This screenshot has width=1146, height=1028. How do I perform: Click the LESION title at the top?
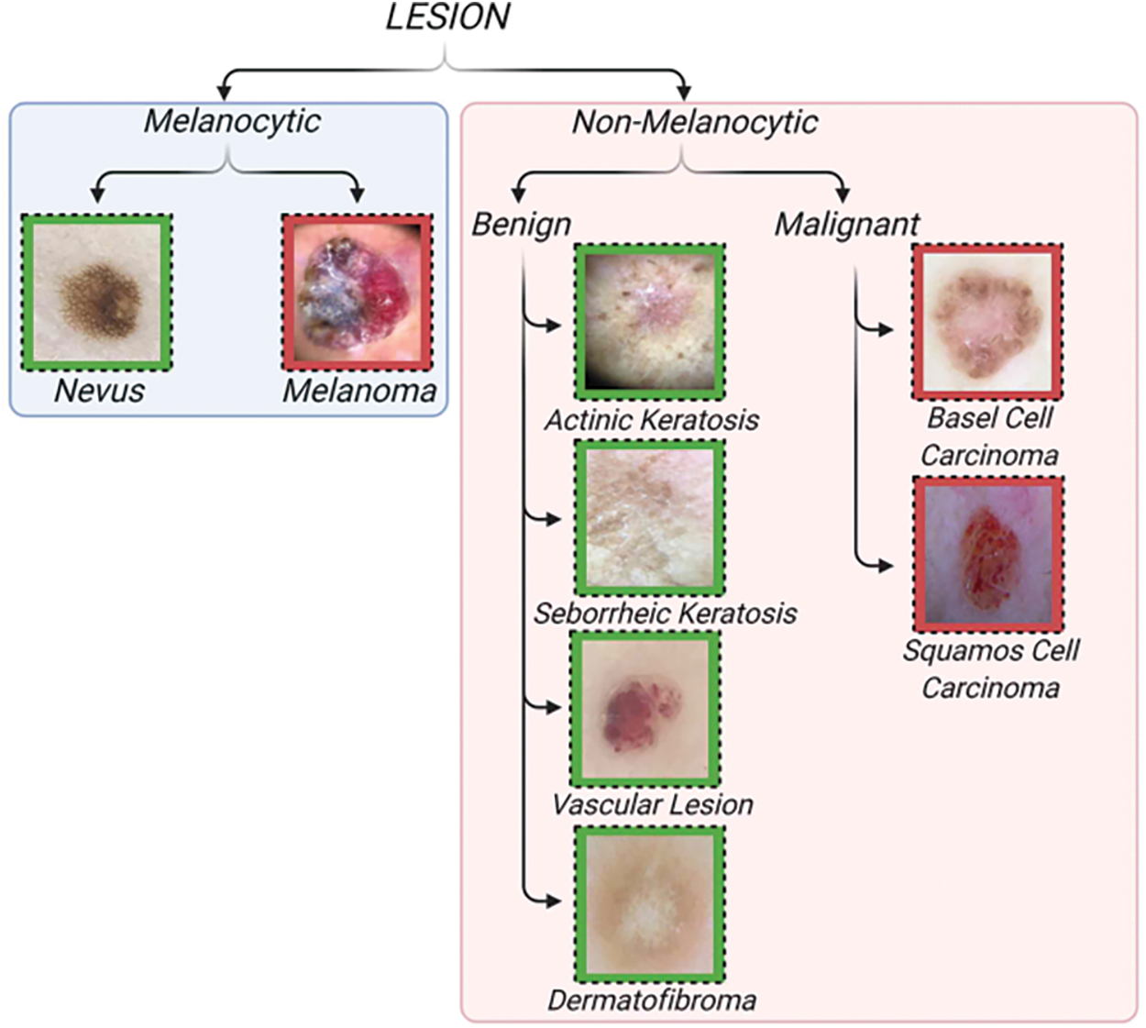pos(447,17)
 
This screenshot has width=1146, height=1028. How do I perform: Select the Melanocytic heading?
pos(232,121)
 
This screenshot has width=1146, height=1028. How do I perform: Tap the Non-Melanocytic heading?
pos(695,122)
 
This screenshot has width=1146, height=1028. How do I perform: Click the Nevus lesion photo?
pos(97,293)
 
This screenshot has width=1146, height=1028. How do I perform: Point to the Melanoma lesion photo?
pos(358,293)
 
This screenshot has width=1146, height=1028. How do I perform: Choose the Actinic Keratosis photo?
pos(649,322)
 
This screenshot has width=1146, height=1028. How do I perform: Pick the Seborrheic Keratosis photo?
pos(649,518)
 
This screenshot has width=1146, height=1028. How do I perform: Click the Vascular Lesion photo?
pos(645,709)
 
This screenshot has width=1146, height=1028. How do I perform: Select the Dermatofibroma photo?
pos(649,904)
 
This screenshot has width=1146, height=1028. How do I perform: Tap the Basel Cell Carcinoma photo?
pos(987,322)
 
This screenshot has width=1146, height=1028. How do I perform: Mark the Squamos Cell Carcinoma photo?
pos(988,554)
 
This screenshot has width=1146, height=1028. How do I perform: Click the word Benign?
pos(522,226)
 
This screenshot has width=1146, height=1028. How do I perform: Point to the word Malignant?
pos(847,225)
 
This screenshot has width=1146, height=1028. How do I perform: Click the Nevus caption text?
pos(99,391)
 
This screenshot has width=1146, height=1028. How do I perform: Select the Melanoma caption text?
pos(359,391)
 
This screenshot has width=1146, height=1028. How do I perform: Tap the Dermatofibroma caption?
pos(652,1000)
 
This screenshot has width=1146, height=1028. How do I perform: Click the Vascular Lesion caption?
pos(652,804)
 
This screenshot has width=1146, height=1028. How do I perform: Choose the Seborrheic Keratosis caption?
pos(666,613)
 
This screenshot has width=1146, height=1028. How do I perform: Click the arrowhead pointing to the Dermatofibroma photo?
pos(555,901)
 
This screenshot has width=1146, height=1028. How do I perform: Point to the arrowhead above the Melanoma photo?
pos(357,195)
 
